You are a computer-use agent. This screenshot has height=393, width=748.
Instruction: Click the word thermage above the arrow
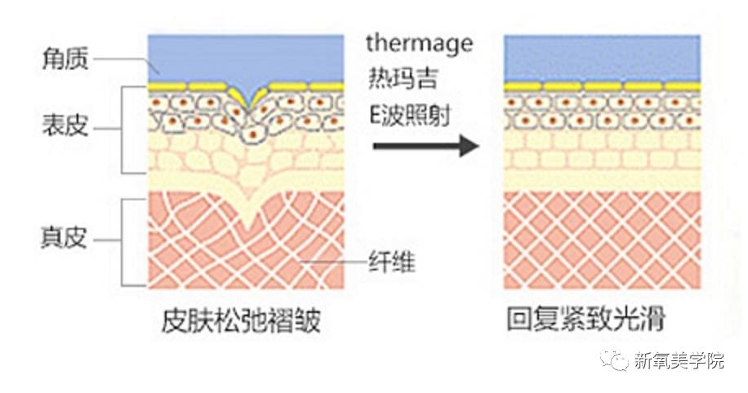pos(419,43)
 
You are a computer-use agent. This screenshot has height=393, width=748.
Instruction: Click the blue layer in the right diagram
pos(602,57)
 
